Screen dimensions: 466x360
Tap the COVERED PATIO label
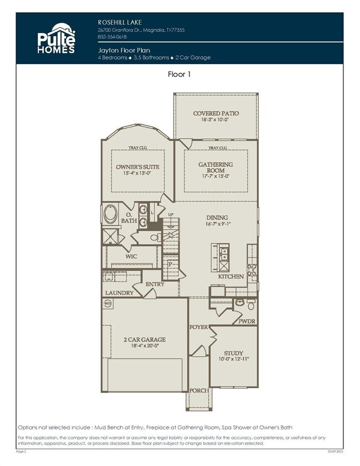(x=216, y=113)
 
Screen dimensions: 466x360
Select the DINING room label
(x=217, y=218)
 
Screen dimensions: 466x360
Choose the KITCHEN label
(x=231, y=276)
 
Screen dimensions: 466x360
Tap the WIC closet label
(x=131, y=257)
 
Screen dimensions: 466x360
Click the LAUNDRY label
(x=119, y=293)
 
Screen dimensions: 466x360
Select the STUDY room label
(x=233, y=353)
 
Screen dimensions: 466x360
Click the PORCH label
(x=199, y=391)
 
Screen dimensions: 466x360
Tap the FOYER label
(x=199, y=327)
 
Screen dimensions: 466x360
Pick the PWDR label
(x=247, y=320)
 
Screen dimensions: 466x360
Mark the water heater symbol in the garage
(x=107, y=304)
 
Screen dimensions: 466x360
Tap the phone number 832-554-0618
(x=112, y=37)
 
